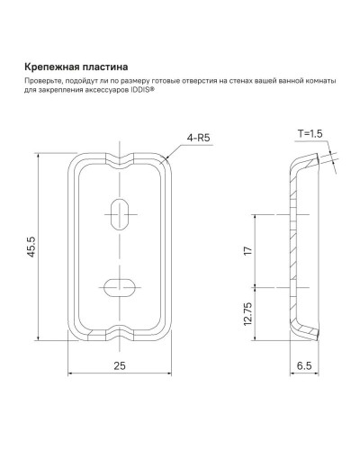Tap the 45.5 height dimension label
[x=33, y=247]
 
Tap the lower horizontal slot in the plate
[x=118, y=287]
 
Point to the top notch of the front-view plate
[x=118, y=155]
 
